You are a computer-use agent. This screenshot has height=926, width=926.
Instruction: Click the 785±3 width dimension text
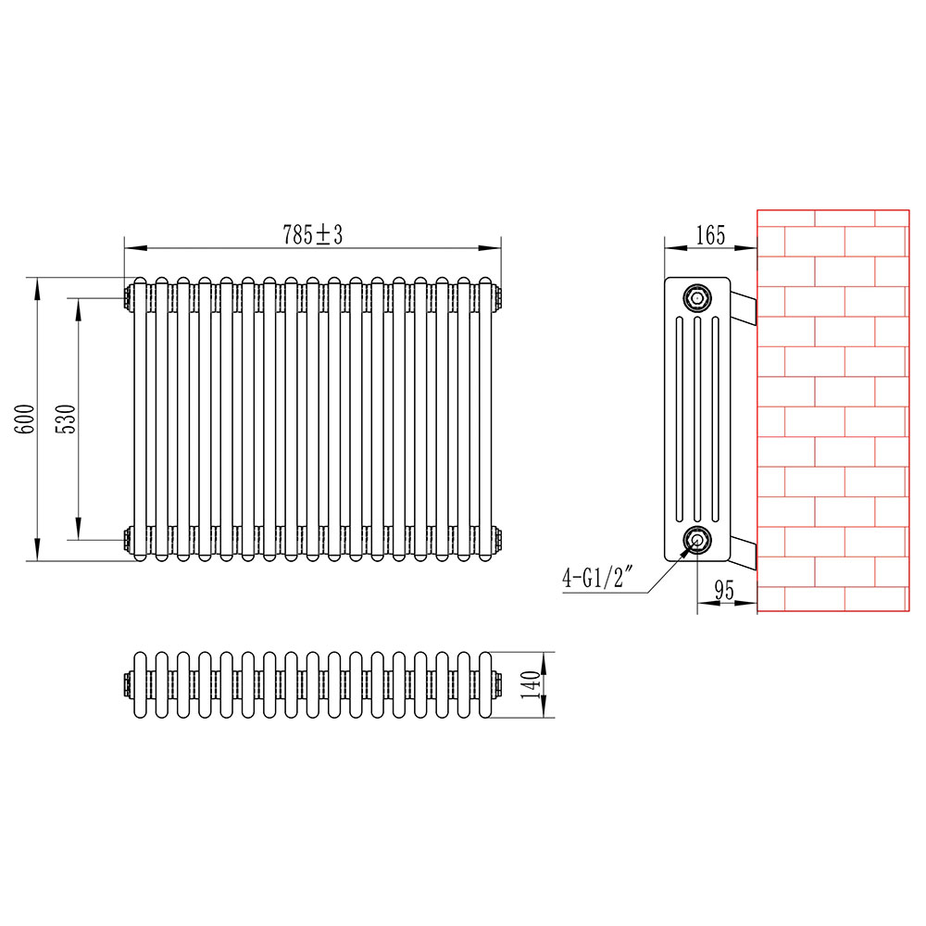312,235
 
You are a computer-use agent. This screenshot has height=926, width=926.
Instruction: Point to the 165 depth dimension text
709,235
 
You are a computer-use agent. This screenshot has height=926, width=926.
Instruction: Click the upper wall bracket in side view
745,307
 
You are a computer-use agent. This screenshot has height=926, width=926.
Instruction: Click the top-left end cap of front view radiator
127,297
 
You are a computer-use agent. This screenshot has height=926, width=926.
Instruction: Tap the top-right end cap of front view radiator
500,297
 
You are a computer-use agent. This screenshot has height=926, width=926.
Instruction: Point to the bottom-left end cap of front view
127,537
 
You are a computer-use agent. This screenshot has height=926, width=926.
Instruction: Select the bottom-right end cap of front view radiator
500,537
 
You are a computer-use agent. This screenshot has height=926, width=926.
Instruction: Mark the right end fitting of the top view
498,684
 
